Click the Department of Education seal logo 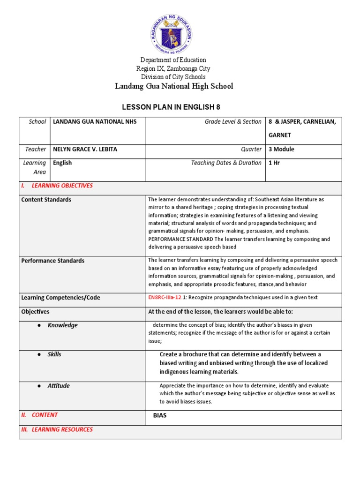(x=172, y=34)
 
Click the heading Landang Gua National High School (x=174, y=86)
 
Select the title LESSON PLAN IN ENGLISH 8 (x=171, y=107)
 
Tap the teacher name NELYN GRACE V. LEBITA (x=85, y=149)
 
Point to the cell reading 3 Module (x=281, y=149)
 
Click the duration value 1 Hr (x=273, y=163)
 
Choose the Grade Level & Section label (x=233, y=122)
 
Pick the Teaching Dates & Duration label (x=226, y=163)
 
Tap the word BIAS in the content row (x=160, y=415)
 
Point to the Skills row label (x=54, y=354)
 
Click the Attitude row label (x=59, y=386)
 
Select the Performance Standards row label (x=53, y=261)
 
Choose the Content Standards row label (x=46, y=200)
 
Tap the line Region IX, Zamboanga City (x=173, y=68)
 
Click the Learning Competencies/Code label (x=60, y=298)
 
